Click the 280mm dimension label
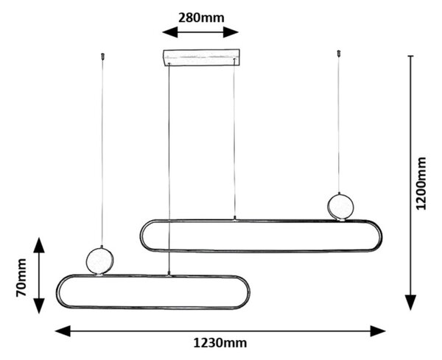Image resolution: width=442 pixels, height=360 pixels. [x=201, y=18]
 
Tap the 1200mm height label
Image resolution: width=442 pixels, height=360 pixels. [x=421, y=183]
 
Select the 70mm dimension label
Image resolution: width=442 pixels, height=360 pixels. [x=21, y=278]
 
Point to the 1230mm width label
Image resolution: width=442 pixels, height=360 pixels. [x=220, y=343]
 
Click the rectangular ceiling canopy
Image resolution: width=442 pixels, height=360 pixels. [x=202, y=57]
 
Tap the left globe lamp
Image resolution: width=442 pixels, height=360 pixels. [x=99, y=261]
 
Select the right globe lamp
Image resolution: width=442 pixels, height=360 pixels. [x=340, y=206]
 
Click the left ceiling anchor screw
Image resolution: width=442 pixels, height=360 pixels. [x=102, y=56]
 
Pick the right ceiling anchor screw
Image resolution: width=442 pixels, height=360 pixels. [x=339, y=54]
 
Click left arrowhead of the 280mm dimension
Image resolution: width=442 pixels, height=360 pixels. [x=169, y=32]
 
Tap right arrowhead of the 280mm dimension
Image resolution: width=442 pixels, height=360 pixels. [x=231, y=32]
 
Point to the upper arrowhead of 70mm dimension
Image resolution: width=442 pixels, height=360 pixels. [x=39, y=245]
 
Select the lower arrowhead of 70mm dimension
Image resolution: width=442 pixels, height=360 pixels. [x=39, y=306]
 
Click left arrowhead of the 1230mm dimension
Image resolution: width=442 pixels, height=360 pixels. [x=63, y=331]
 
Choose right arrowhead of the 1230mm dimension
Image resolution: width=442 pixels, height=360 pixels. [x=378, y=331]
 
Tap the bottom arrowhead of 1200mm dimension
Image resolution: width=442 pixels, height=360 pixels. [x=411, y=303]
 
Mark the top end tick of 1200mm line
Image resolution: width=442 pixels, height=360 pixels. [x=411, y=56]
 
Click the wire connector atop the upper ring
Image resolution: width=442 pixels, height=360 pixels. [x=234, y=219]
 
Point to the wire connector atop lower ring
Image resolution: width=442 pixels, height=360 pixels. [x=169, y=273]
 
